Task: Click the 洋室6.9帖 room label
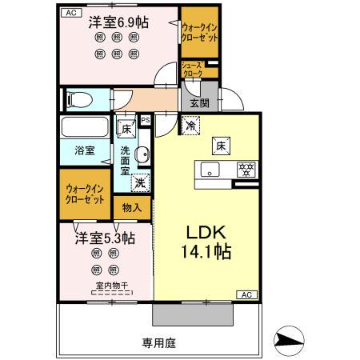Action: click(118, 22)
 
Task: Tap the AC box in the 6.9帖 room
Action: click(70, 11)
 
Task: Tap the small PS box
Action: click(145, 120)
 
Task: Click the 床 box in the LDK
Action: click(220, 144)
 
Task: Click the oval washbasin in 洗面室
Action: click(141, 154)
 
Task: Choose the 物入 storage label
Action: click(132, 207)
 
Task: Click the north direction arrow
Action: click(290, 340)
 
